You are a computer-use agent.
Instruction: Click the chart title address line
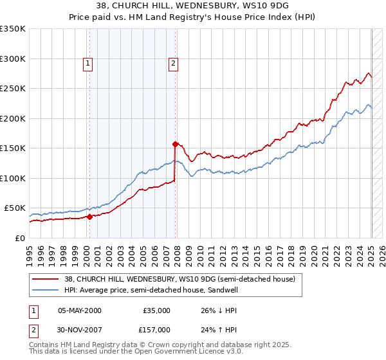(192, 6)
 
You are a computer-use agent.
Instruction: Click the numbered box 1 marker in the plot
(87, 63)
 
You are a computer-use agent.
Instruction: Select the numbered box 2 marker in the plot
(174, 63)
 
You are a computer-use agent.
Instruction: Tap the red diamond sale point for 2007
(175, 145)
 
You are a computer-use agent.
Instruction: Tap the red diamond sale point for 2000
(89, 217)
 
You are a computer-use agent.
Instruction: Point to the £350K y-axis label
(13, 29)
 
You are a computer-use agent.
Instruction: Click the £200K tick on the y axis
(13, 118)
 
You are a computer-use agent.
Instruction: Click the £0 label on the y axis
(20, 238)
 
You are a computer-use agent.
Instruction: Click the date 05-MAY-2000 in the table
(80, 310)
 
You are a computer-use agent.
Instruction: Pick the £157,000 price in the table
(156, 329)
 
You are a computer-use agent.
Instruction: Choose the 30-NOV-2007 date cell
(80, 329)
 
